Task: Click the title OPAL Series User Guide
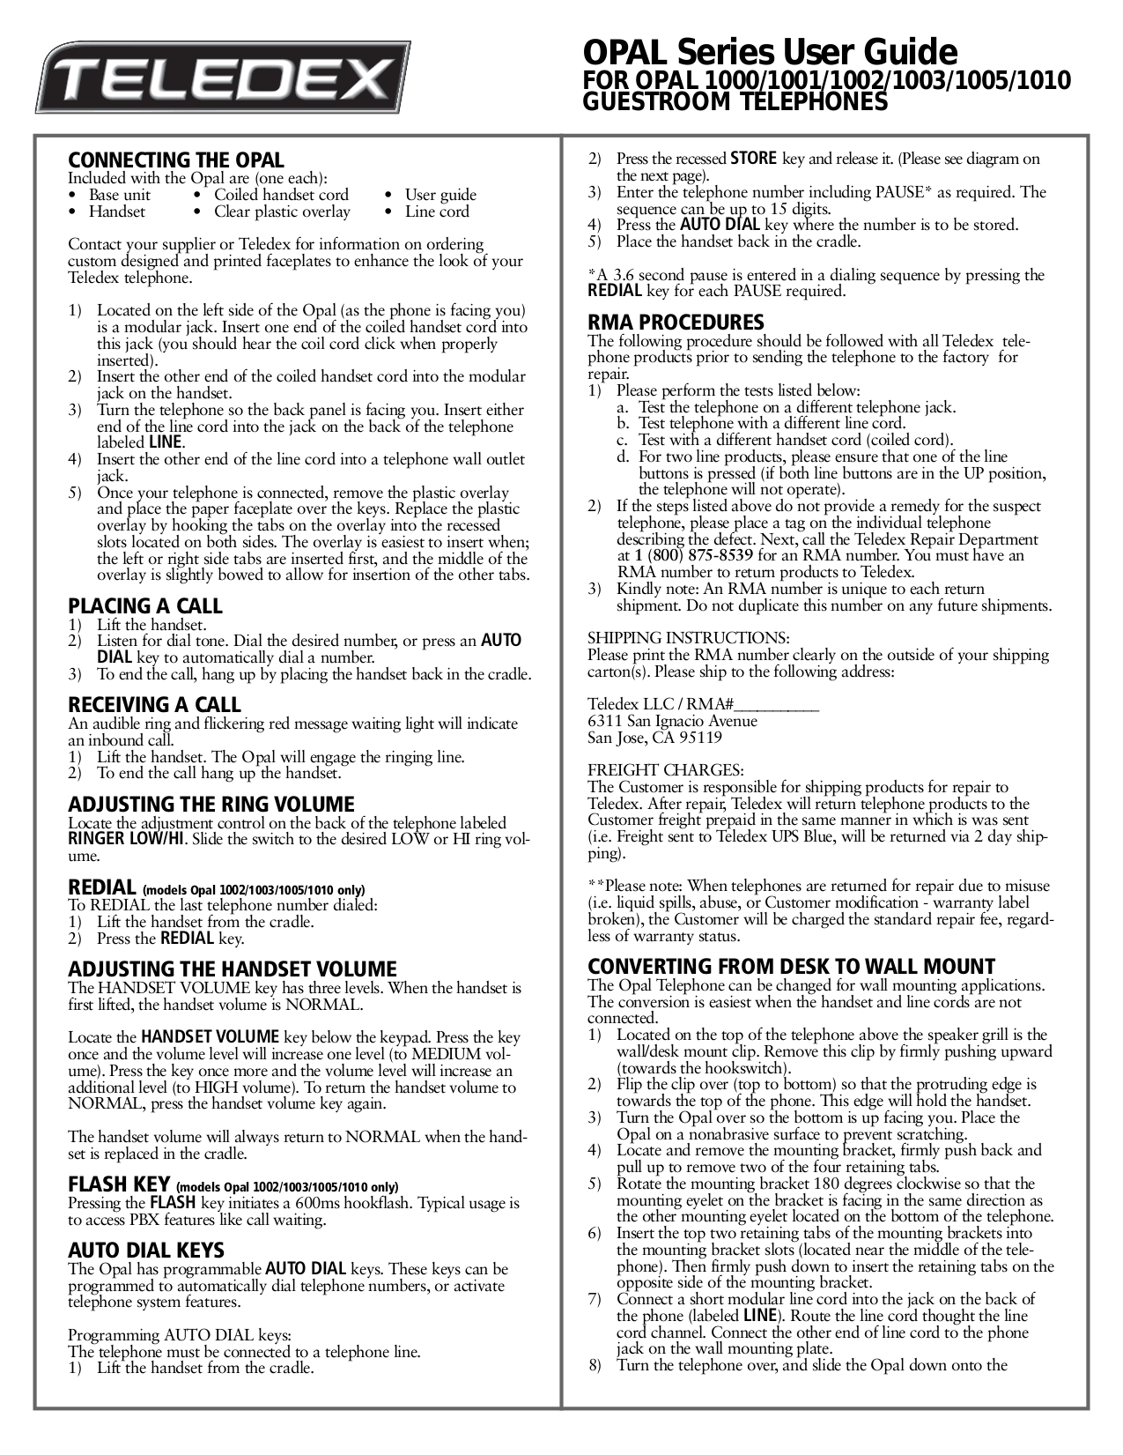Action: tap(771, 50)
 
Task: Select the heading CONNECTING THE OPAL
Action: tap(176, 160)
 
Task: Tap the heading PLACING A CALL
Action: tap(145, 606)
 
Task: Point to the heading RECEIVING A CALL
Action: tap(154, 705)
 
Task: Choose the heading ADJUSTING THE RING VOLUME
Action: tap(211, 805)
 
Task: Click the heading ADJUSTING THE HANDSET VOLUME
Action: tap(233, 969)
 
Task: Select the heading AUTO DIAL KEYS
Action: tap(146, 1251)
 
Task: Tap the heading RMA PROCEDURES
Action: tap(676, 323)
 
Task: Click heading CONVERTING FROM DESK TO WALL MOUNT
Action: tap(791, 967)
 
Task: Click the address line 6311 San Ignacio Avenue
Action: tap(672, 721)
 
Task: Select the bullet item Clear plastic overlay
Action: tap(282, 212)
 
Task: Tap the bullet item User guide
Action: tap(440, 195)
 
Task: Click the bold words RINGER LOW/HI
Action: tap(127, 838)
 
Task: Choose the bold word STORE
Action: tap(754, 160)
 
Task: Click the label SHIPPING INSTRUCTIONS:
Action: tap(688, 638)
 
